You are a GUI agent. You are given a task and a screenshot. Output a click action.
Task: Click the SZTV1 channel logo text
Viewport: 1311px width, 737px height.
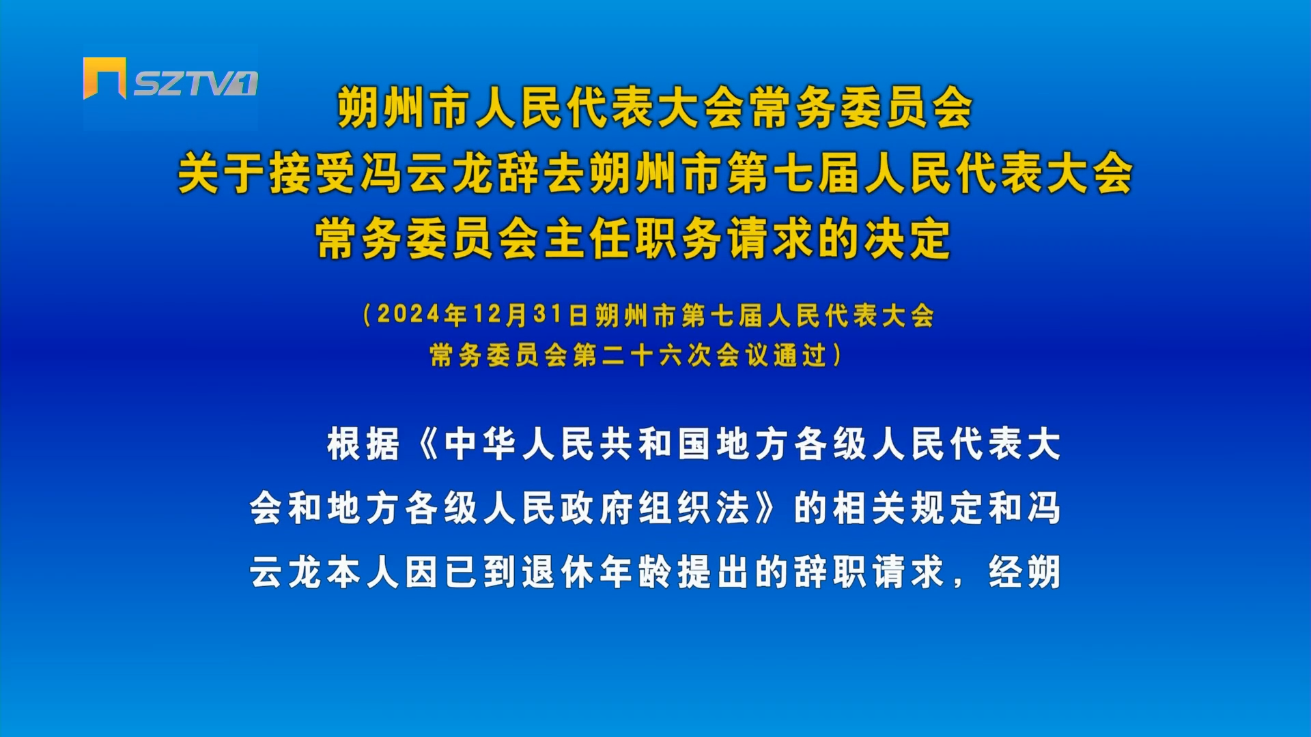click(195, 83)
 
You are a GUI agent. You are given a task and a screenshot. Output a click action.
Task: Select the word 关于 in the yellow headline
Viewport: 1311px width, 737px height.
click(222, 173)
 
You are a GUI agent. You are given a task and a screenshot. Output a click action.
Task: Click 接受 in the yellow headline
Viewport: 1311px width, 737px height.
click(313, 173)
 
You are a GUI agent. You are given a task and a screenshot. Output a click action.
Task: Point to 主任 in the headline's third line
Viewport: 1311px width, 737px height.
click(588, 239)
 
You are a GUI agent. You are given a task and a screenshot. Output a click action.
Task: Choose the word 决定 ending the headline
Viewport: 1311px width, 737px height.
click(907, 239)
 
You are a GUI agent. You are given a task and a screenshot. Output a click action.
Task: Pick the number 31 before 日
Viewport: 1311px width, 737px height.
click(548, 315)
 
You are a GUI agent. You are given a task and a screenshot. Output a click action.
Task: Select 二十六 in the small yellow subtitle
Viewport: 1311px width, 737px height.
click(643, 355)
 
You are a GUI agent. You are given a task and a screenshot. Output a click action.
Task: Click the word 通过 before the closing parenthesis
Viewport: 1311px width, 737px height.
click(800, 355)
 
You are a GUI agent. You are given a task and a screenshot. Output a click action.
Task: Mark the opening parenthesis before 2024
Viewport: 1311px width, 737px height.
click(367, 315)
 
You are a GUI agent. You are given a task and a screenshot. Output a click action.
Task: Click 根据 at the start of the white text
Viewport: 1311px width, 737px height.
click(363, 444)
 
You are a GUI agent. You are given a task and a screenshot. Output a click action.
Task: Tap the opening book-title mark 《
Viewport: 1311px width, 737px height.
click(428, 444)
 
